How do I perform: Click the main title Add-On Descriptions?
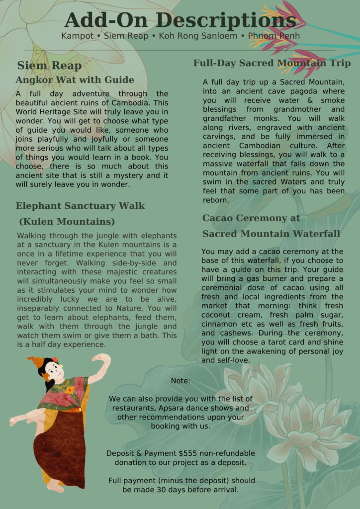coord(180,20)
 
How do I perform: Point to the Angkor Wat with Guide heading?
coord(75,80)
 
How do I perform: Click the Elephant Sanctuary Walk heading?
coord(80,206)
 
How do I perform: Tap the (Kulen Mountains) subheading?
coord(67,221)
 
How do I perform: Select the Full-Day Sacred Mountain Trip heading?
coord(272,63)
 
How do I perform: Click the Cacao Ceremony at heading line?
coord(251,218)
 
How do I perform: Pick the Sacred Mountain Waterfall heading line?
coord(271,234)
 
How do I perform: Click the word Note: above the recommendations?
coord(180,381)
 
